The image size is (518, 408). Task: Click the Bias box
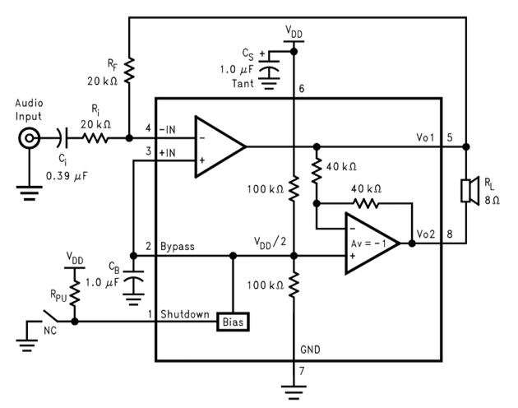233,322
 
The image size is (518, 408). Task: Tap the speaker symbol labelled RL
469,191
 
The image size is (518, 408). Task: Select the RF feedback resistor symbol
130,70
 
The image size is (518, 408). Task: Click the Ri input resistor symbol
95,138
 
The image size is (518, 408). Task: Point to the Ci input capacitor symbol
62,138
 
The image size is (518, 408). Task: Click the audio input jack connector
29,138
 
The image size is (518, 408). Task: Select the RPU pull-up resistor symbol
74,292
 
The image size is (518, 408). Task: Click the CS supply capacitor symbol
269,70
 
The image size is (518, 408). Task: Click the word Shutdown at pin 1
185,314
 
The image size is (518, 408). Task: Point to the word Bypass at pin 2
178,247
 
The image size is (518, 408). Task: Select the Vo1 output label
425,137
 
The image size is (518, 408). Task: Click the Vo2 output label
426,234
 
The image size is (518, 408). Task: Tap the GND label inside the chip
310,350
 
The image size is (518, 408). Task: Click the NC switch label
50,331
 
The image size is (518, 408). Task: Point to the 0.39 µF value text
67,176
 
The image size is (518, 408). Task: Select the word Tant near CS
243,83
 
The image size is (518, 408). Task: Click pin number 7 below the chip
302,371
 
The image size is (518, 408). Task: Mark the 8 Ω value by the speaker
493,201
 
